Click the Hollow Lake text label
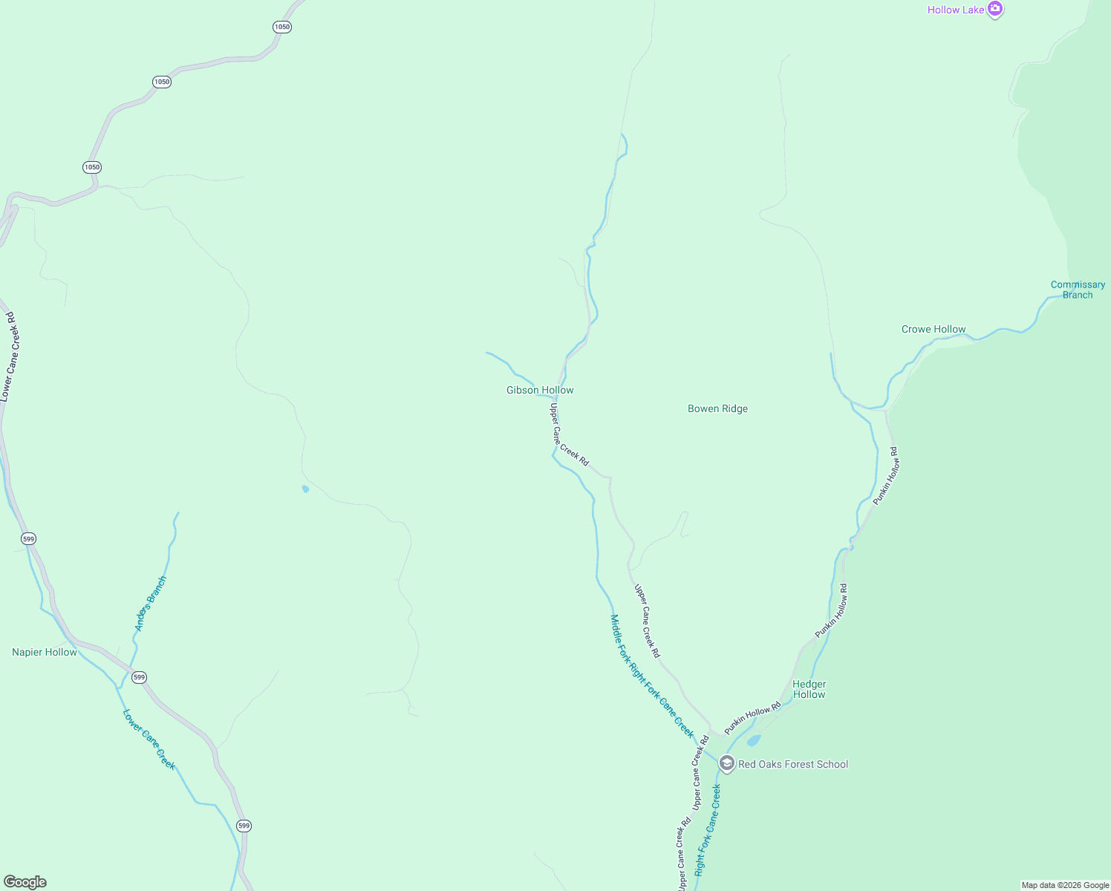[955, 10]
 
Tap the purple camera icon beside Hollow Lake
[995, 9]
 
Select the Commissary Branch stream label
[1078, 290]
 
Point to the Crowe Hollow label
[934, 329]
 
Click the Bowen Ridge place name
[717, 408]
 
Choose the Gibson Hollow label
[540, 390]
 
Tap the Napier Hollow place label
[45, 652]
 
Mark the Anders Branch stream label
[151, 604]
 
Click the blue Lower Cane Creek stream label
[149, 740]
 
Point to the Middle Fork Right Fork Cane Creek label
[651, 675]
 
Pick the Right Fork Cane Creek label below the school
[708, 830]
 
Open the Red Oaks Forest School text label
[792, 764]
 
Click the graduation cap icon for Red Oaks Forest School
[726, 763]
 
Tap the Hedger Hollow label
[809, 689]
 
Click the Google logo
[25, 882]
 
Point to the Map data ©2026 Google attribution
[1065, 885]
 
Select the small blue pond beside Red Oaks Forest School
[754, 740]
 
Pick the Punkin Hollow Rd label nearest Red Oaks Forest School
[752, 717]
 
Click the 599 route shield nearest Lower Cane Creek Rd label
[28, 539]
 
